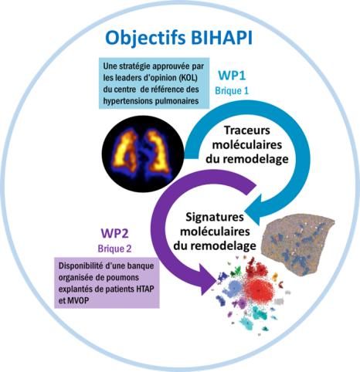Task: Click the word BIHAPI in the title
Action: pyautogui.click(x=222, y=38)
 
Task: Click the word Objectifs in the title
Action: pyautogui.click(x=145, y=39)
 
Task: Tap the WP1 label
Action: pyautogui.click(x=232, y=76)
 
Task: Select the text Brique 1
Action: pyautogui.click(x=232, y=91)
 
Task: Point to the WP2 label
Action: pyautogui.click(x=114, y=233)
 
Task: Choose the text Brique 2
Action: pyautogui.click(x=114, y=249)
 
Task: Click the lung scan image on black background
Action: pyautogui.click(x=143, y=154)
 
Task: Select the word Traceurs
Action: pyautogui.click(x=247, y=130)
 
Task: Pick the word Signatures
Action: pyautogui.click(x=215, y=218)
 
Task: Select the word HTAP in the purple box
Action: pyautogui.click(x=144, y=289)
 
